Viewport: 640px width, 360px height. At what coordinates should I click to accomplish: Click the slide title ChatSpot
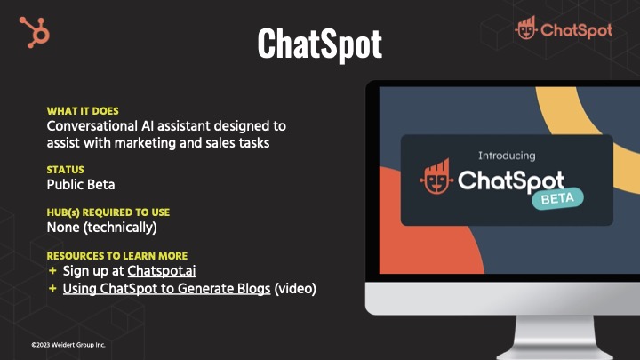[319, 42]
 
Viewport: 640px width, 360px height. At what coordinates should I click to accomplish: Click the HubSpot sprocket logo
[35, 32]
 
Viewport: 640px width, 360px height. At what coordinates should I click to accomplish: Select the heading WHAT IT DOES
[82, 111]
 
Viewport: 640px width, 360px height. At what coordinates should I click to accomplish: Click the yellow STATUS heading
[67, 169]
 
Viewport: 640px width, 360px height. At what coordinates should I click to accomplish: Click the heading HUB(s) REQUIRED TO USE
[108, 212]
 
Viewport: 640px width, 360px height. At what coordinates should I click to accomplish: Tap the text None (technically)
[101, 228]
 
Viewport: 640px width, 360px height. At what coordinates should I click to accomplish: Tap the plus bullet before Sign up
[52, 270]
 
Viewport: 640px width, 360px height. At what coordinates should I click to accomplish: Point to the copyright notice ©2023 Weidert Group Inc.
[68, 343]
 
